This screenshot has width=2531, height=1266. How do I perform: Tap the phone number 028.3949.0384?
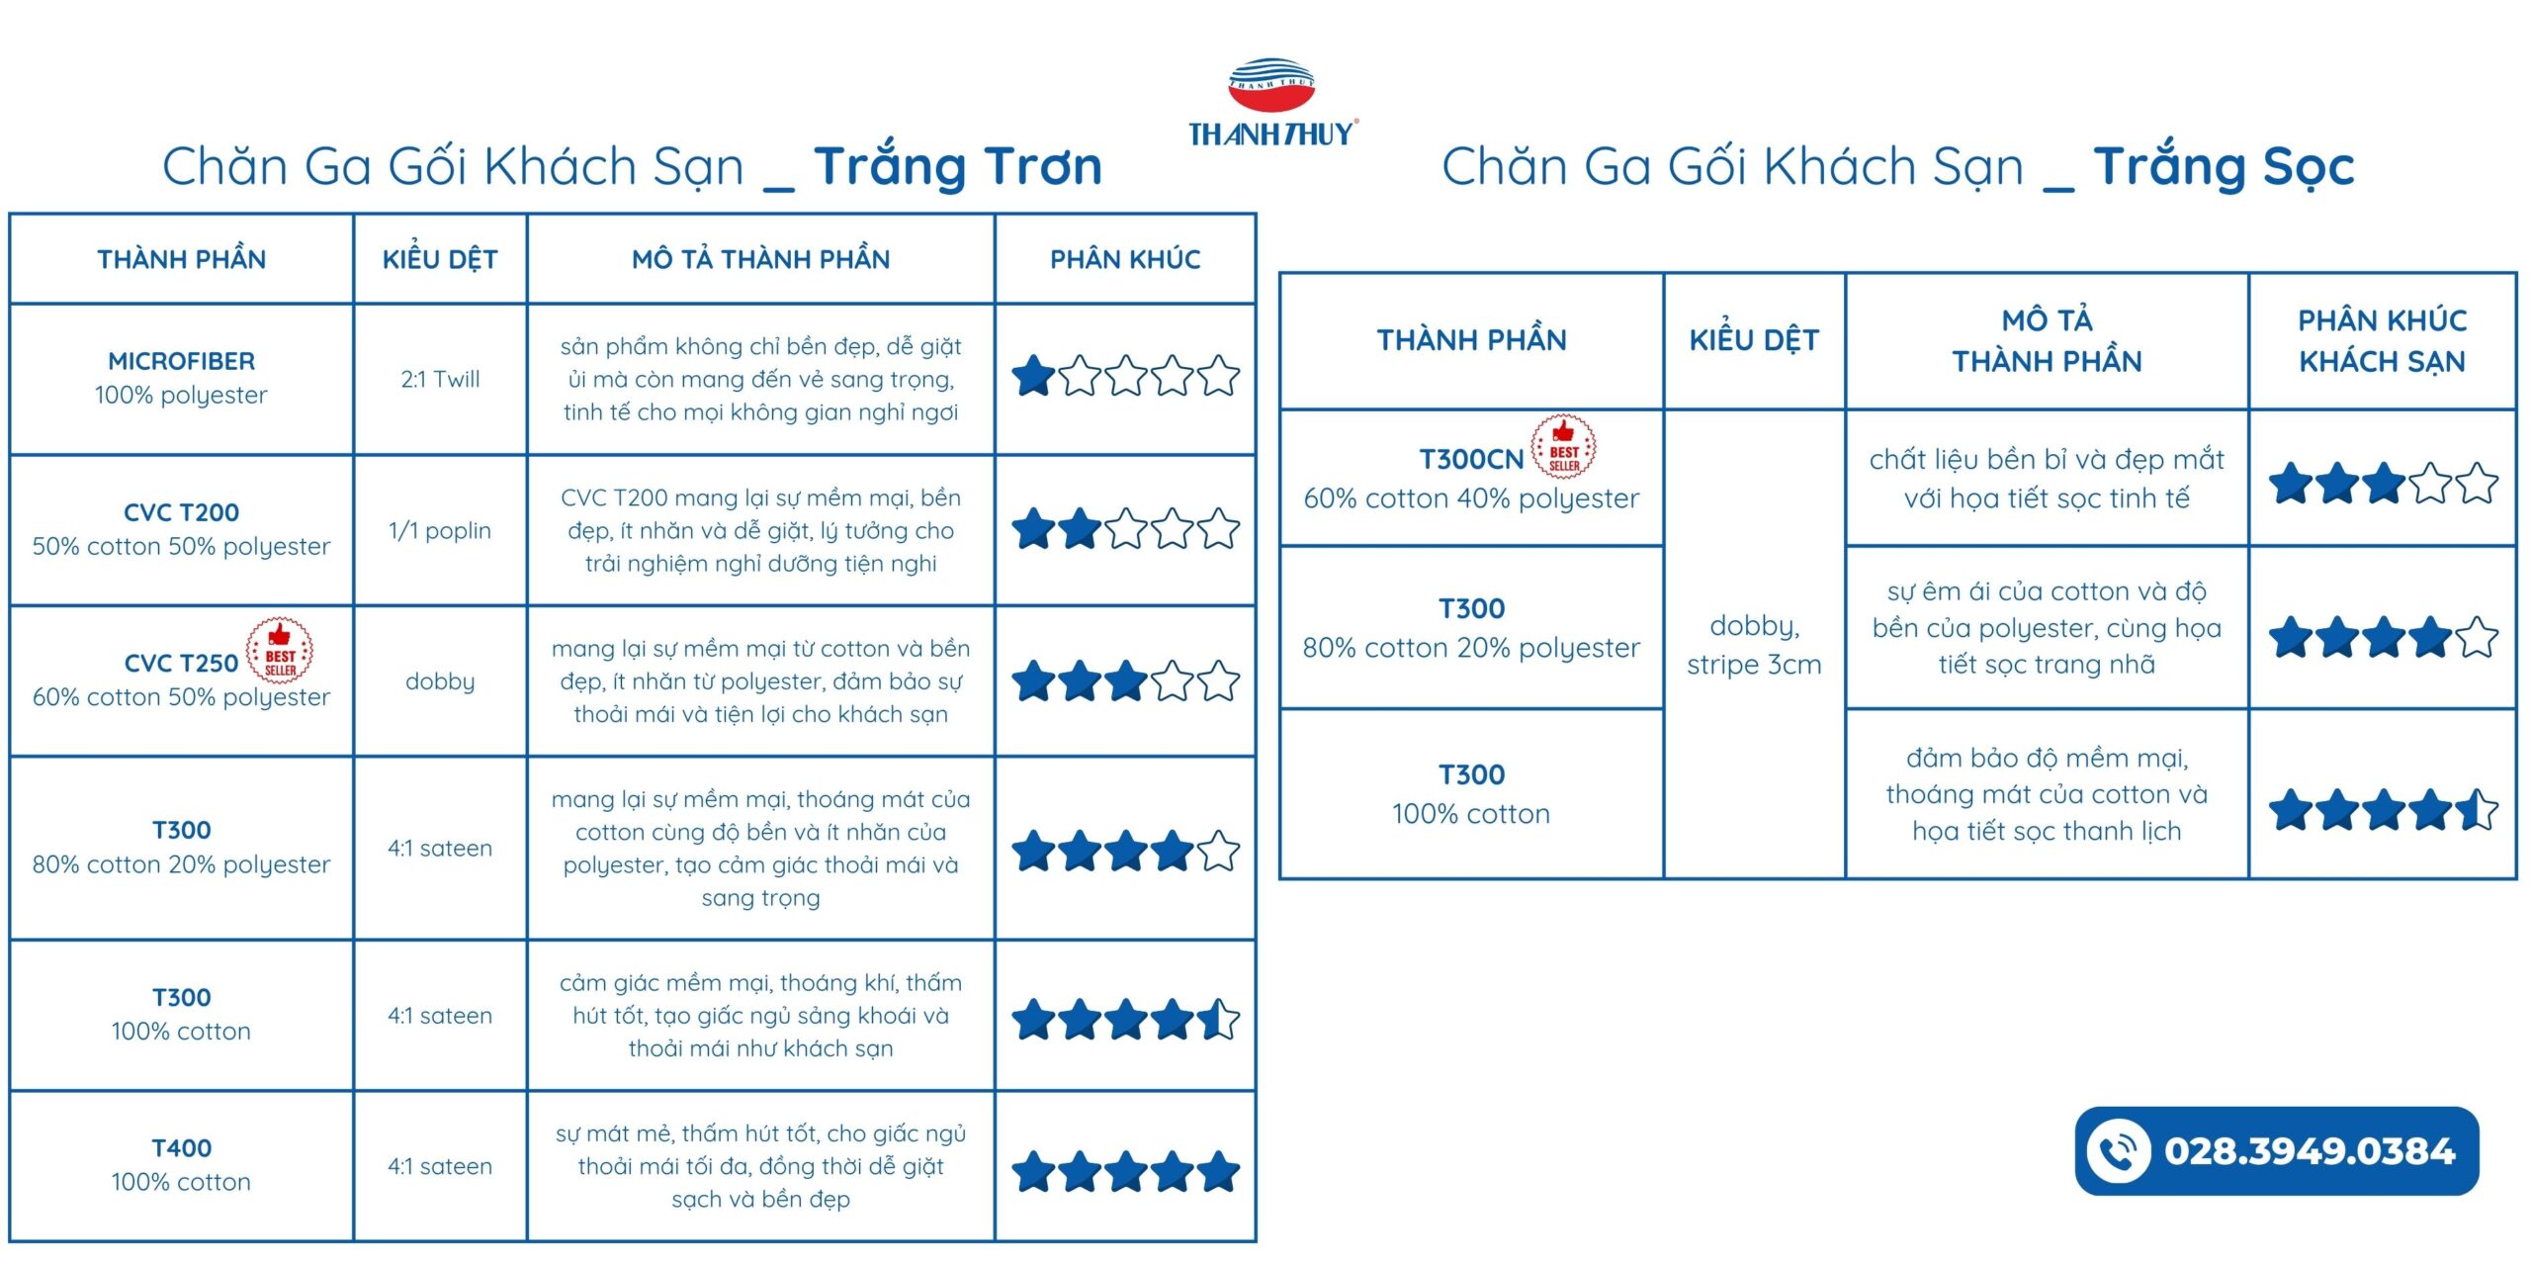pos(2309,1151)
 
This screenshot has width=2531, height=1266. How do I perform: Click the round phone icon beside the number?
pos(2117,1151)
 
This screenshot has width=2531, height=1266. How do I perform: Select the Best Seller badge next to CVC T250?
pos(280,651)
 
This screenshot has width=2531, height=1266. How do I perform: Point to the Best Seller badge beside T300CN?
pos(1563,446)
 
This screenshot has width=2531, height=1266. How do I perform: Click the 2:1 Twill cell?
pos(440,379)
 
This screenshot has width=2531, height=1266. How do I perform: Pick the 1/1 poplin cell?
pos(440,531)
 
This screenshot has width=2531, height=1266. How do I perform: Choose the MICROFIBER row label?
pos(182,361)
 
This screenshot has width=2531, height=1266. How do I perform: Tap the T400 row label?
pos(182,1148)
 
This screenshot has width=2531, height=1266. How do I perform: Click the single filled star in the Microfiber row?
pos(1033,376)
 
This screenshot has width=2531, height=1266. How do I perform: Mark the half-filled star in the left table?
pos(1218,1020)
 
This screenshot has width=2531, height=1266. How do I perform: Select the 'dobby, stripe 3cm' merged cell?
pos(1754,645)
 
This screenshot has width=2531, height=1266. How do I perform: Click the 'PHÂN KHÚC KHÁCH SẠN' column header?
pos(2382,340)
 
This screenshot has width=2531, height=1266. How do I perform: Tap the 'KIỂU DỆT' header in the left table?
pos(440,259)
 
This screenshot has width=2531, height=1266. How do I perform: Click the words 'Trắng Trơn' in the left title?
pos(957,166)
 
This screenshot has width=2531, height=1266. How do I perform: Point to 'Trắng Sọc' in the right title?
pos(2224,166)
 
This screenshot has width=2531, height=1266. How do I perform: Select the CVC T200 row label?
pos(182,512)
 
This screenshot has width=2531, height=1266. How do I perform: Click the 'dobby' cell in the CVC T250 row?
pos(440,681)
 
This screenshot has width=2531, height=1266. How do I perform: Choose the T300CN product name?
pos(1471,460)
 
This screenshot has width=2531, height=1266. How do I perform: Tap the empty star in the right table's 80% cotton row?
pos(2476,637)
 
